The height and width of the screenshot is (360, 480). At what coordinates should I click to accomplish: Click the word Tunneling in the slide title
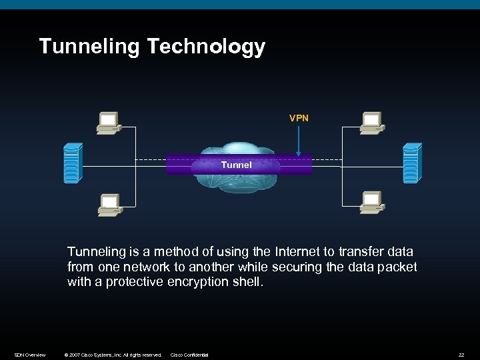coord(90,47)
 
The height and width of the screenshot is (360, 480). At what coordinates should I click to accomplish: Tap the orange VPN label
coord(299,118)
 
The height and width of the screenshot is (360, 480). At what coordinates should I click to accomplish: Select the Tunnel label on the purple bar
coord(237,165)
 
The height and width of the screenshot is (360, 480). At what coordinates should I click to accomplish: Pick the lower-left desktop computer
coord(109,205)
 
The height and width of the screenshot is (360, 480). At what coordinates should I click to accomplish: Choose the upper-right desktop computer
coord(371,121)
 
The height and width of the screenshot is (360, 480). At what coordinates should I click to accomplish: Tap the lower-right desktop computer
coord(371,203)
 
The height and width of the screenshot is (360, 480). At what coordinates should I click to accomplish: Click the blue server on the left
coord(72,163)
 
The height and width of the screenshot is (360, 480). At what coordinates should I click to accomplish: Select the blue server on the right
coord(411,163)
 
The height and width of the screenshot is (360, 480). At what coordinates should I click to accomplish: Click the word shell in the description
coord(248,281)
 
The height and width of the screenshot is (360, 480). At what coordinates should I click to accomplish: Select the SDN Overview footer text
coord(30,355)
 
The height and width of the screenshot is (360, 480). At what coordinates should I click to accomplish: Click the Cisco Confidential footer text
coord(189,355)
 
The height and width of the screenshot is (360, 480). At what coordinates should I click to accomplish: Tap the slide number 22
coord(461,355)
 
